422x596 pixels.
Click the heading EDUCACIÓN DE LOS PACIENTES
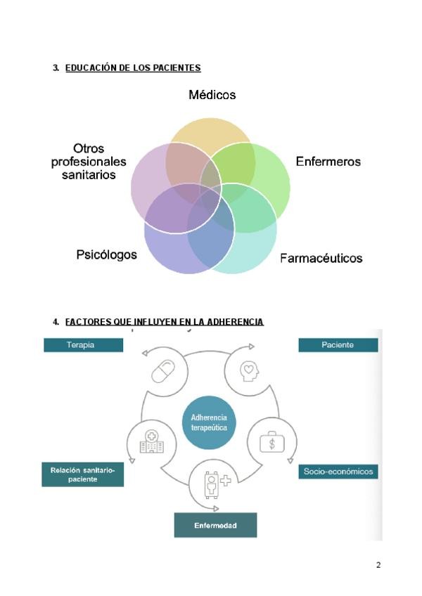pos(133,68)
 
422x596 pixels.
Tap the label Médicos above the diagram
pos(212,95)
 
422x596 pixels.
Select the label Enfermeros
pos(328,162)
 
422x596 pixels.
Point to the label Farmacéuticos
pos(321,258)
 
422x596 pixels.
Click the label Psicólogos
pos(107,254)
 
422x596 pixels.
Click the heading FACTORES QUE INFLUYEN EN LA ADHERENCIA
pos(164,322)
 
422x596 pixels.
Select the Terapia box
pos(83,345)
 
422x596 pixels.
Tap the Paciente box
pos(338,345)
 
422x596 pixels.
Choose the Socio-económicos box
pos(338,472)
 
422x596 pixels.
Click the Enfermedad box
pos(215,525)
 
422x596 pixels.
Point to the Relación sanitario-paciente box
pos(83,474)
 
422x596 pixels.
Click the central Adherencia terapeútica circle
pos(209,423)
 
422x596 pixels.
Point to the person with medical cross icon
pos(214,484)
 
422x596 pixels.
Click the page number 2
pos(378,566)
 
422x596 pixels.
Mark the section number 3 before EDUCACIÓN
pos(56,68)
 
